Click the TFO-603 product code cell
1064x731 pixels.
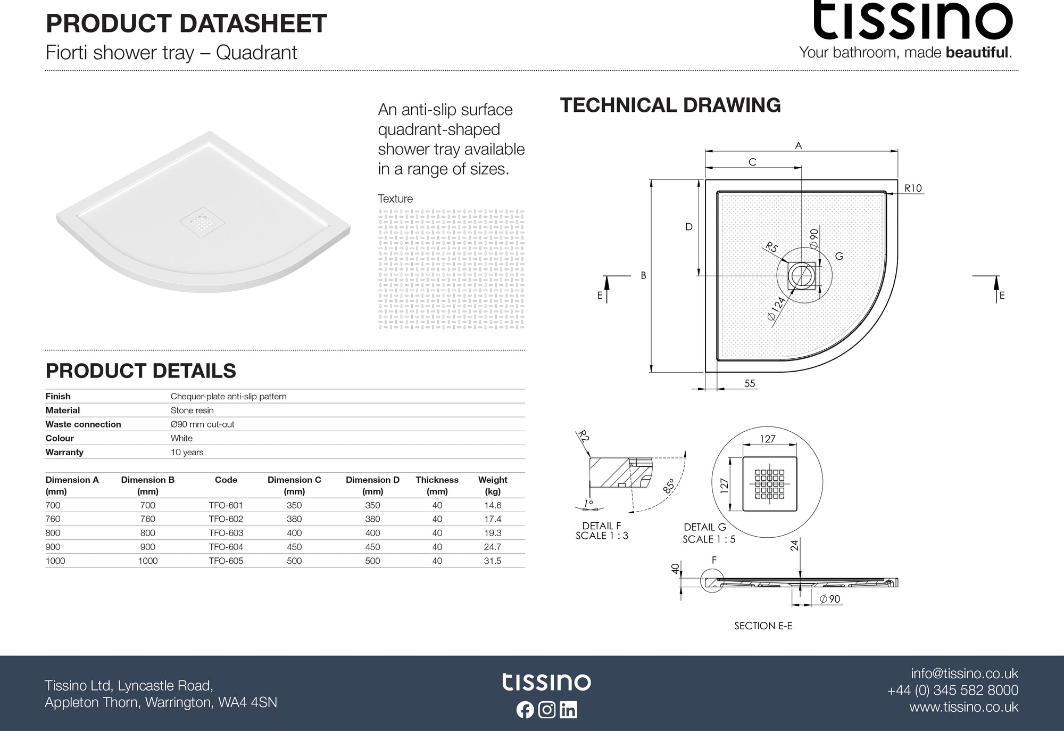tap(226, 533)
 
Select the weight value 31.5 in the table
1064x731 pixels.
tap(492, 561)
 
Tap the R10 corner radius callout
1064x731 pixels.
tap(913, 188)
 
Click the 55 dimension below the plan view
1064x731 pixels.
tap(750, 383)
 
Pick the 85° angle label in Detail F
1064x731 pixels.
tap(669, 486)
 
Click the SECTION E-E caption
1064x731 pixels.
tap(763, 626)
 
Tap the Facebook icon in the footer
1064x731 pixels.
tap(525, 710)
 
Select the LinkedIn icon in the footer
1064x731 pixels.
tap(568, 710)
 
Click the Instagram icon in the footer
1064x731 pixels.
tap(547, 710)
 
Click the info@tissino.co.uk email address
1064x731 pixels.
tap(964, 673)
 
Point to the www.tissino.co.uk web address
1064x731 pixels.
tap(963, 707)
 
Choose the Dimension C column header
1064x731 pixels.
tap(294, 485)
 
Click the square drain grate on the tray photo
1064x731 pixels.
tap(196, 220)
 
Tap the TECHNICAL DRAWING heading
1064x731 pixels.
tap(670, 105)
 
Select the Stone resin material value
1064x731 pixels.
tap(192, 410)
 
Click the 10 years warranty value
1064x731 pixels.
tap(187, 453)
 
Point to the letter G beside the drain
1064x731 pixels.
tap(839, 256)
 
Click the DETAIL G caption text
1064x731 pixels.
tap(705, 527)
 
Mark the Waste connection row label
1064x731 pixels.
tap(83, 424)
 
